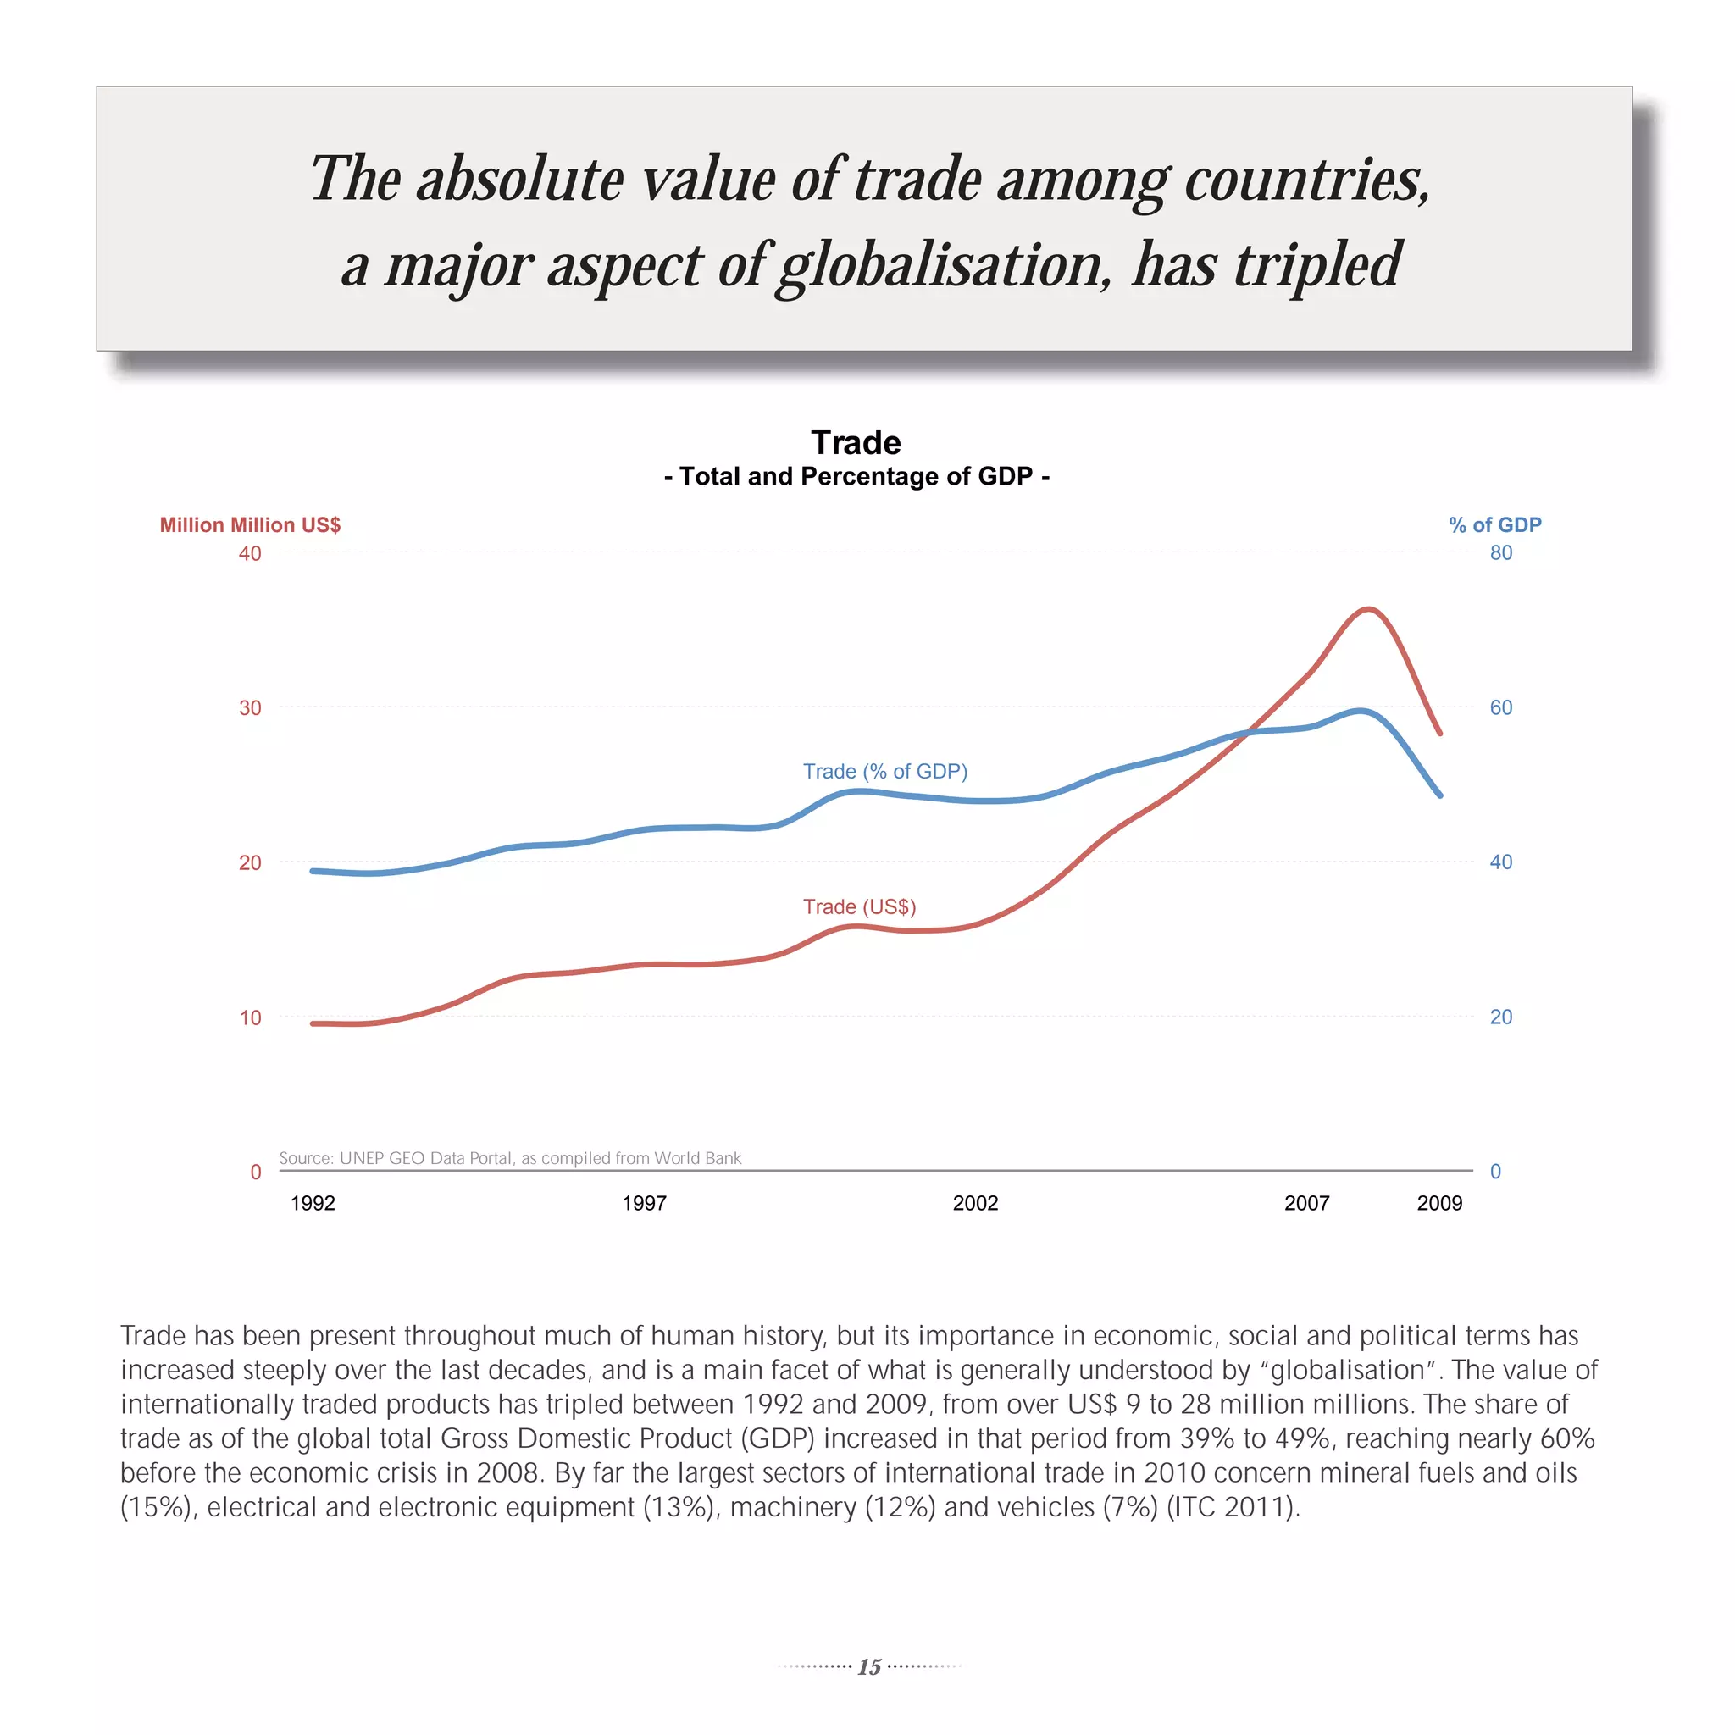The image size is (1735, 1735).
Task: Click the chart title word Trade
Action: tap(855, 443)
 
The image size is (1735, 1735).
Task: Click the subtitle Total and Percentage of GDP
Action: tap(856, 476)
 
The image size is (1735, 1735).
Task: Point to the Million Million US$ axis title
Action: tap(250, 525)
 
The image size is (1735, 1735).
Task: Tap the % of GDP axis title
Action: tap(1494, 525)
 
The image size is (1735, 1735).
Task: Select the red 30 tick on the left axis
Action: tap(250, 707)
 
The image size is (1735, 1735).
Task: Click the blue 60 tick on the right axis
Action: tap(1500, 707)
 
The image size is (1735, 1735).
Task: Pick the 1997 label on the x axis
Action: tap(644, 1203)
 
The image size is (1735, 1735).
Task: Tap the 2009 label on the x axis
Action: tap(1439, 1203)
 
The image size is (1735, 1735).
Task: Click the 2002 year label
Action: tap(975, 1203)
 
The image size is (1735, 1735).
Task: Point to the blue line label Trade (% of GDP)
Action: tap(884, 772)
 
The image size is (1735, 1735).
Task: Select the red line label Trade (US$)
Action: tap(859, 907)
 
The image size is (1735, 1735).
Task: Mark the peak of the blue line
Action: tap(1361, 712)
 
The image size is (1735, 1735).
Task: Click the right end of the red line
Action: tap(1440, 734)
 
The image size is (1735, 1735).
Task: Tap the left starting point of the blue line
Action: tap(312, 871)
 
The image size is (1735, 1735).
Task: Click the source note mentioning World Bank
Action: tap(510, 1158)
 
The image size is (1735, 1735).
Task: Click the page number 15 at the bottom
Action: tap(868, 1666)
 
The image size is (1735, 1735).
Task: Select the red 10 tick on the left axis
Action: tap(250, 1017)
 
